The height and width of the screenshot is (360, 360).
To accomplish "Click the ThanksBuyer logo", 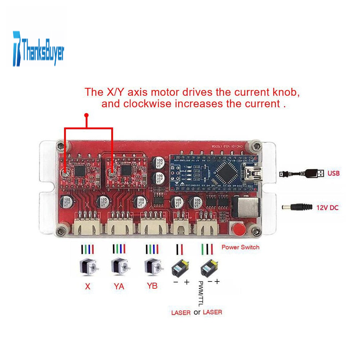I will [39, 49].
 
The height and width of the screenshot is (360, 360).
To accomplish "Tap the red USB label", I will [333, 173].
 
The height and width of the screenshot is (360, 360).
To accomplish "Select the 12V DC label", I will [328, 208].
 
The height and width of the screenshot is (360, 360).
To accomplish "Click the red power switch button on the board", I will [238, 229].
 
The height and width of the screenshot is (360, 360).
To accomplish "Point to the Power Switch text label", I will [240, 247].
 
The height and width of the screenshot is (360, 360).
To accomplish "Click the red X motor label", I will [87, 287].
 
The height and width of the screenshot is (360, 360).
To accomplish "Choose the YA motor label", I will [119, 287].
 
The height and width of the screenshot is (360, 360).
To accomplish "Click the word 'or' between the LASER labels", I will [197, 312].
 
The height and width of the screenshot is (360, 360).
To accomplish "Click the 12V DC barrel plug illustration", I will [297, 207].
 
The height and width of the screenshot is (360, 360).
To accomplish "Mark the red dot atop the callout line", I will [86, 115].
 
